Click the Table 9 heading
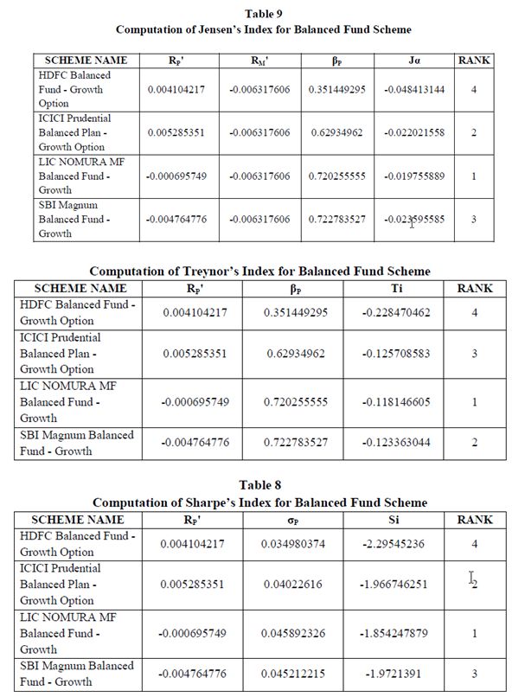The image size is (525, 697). pyautogui.click(x=263, y=13)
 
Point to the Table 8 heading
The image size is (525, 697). pyautogui.click(x=263, y=486)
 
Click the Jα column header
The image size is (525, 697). pyautogui.click(x=414, y=61)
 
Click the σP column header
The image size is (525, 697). pyautogui.click(x=285, y=520)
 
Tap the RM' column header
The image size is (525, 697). pyautogui.click(x=259, y=61)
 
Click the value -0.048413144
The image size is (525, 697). pyautogui.click(x=414, y=89)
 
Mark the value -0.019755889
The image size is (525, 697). pyautogui.click(x=414, y=176)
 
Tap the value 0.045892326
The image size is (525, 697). pyautogui.click(x=285, y=633)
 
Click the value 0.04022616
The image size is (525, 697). pyautogui.click(x=285, y=584)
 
